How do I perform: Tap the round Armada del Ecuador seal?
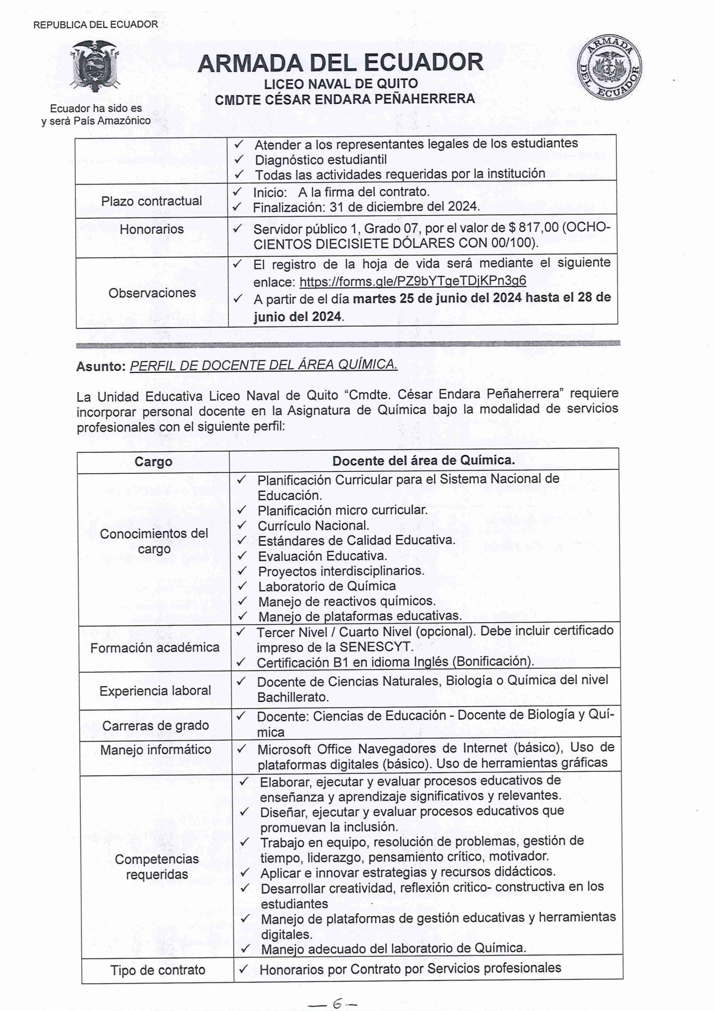610,68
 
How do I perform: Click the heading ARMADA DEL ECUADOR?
340,63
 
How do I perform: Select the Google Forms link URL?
412,281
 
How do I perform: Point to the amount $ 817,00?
533,228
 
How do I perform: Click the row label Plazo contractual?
152,201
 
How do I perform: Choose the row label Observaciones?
152,293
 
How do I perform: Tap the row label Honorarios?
152,229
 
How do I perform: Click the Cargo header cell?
153,462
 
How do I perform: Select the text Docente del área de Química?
424,460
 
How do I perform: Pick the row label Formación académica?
154,647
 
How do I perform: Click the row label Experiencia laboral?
155,690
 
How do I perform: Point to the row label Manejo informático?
156,750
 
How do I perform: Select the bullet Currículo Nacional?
313,526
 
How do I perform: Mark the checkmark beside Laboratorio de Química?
242,586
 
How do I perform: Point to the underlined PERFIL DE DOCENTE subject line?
264,365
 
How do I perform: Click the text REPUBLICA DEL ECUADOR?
96,24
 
